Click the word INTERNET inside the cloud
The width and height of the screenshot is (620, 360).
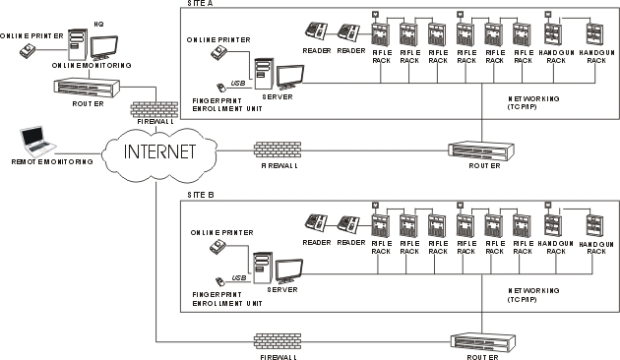[159, 151]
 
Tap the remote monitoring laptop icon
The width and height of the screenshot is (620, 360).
[37, 142]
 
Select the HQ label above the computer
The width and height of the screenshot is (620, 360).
[98, 25]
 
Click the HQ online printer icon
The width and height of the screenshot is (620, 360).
[28, 50]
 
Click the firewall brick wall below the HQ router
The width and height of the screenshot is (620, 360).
[155, 109]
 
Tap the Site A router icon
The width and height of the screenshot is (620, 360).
[481, 150]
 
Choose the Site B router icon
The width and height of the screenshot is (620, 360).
[483, 343]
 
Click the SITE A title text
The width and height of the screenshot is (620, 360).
[200, 3]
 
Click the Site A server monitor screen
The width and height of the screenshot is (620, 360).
[290, 76]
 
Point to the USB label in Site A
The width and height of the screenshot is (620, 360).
[238, 84]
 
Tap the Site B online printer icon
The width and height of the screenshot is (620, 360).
[218, 247]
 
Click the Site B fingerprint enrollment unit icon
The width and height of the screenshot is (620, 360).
[219, 281]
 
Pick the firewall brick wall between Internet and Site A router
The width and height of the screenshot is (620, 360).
[278, 150]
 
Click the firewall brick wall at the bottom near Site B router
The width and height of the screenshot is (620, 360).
[278, 342]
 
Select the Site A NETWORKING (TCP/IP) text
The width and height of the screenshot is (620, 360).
[533, 102]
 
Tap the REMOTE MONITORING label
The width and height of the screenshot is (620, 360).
[52, 161]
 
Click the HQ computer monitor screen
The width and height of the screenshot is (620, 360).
[104, 47]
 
